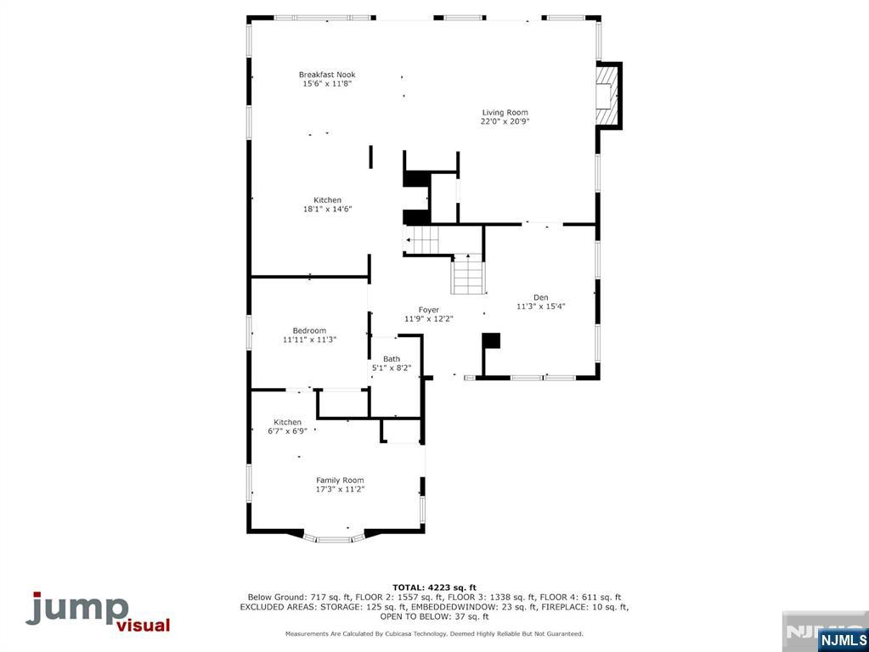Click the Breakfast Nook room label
coord(327,75)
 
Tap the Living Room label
coord(505,112)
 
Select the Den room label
coord(541,297)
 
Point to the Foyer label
coord(428,310)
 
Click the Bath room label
coord(392,359)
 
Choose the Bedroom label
coord(309,330)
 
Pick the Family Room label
coord(340,480)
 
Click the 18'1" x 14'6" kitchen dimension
coord(327,209)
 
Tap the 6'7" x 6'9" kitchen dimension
coord(287,431)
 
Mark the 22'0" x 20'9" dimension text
coord(505,121)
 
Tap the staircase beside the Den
coord(466,274)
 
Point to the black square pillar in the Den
coord(491,340)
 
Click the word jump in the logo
coord(76,609)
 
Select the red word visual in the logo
coord(143,626)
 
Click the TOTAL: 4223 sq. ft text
coord(434,587)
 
